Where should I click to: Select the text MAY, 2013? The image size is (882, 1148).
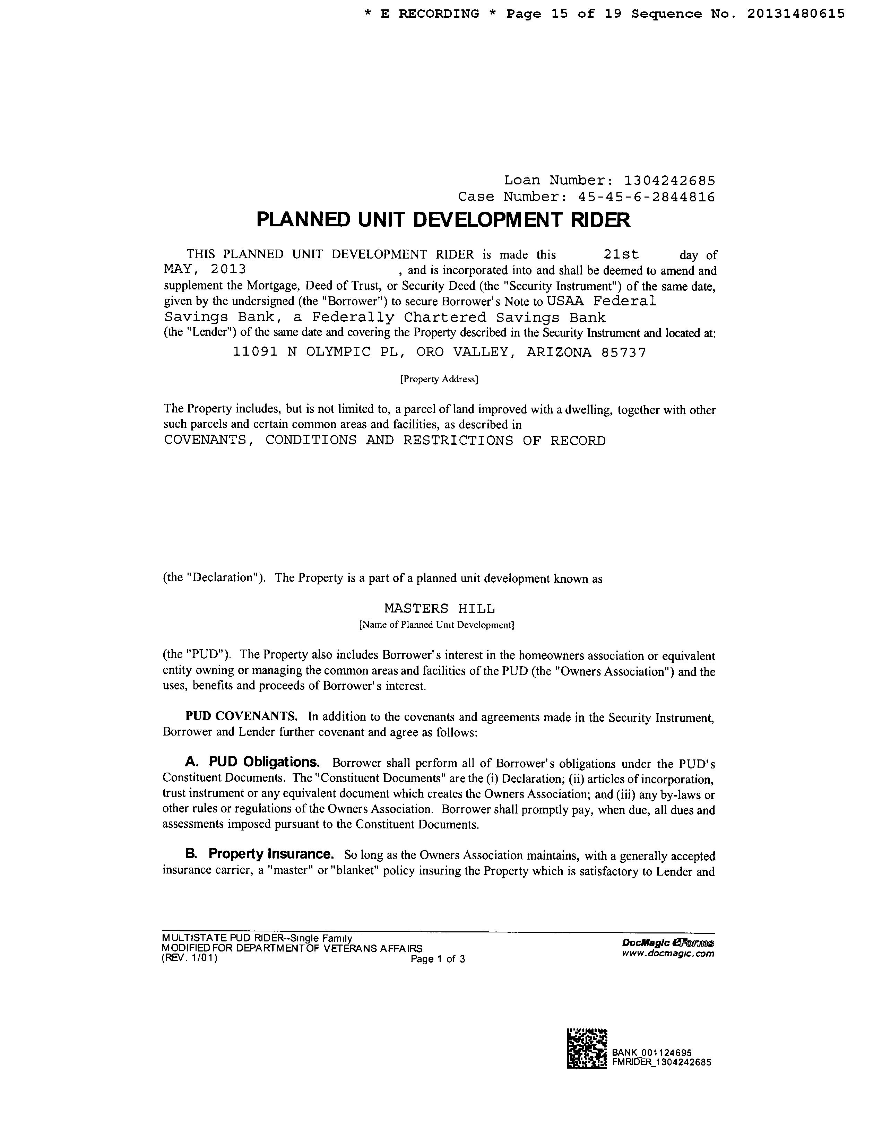click(205, 270)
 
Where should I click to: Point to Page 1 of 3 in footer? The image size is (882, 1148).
click(438, 959)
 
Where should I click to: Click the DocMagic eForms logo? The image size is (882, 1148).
click(667, 943)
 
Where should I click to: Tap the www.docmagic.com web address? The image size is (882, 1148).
click(667, 954)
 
